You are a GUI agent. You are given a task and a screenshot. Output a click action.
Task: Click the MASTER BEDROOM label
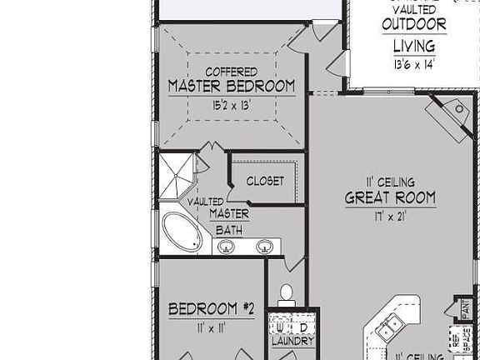coord(231,86)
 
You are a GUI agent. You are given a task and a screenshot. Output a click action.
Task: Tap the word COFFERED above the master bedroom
coord(231,72)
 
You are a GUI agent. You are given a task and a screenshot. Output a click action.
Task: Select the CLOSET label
coord(265,181)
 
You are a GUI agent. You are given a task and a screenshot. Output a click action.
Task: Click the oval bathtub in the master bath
coord(182,232)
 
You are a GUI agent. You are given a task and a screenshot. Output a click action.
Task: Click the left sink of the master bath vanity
coord(226,246)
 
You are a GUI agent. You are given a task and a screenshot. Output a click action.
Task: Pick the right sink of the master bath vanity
coord(265,246)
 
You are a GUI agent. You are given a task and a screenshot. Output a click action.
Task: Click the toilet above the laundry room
coord(287,293)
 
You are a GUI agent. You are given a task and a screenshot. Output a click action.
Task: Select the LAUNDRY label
coord(292,342)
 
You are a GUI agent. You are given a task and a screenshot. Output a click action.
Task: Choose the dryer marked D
coord(302,326)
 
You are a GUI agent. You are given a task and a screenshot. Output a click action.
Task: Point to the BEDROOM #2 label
coord(211,310)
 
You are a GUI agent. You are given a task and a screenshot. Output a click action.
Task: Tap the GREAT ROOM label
coord(390,198)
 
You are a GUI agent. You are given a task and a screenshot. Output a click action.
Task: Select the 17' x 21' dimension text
coord(390,216)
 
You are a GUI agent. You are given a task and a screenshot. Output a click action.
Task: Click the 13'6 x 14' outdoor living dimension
coord(413,64)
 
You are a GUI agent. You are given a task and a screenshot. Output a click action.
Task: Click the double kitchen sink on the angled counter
coord(389,328)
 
